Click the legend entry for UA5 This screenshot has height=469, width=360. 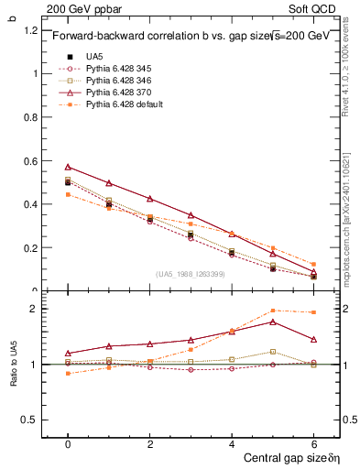click(x=94, y=57)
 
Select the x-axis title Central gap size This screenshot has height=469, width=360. click(x=283, y=456)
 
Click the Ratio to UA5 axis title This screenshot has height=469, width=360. click(x=13, y=365)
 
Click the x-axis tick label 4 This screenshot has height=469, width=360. click(x=232, y=442)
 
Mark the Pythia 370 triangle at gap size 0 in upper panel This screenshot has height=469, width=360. click(x=68, y=167)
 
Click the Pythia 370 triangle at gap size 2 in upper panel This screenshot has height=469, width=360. click(x=150, y=199)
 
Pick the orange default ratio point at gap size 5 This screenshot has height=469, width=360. click(x=273, y=311)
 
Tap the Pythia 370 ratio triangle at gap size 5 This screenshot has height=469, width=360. click(x=273, y=322)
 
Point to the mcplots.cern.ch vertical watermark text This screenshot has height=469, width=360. click(x=345, y=220)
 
